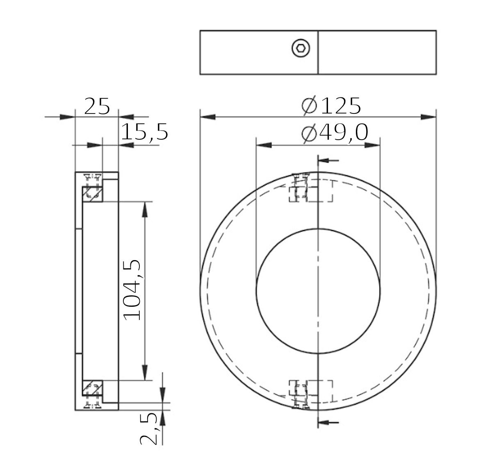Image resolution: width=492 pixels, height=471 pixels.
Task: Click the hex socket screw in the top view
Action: click(x=301, y=49)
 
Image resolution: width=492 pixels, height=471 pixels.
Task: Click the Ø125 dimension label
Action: click(x=331, y=106)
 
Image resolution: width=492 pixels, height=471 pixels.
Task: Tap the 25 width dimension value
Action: click(x=97, y=107)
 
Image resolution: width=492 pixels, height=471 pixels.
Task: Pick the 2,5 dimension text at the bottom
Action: click(x=149, y=428)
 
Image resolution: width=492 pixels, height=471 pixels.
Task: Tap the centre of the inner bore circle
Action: click(x=318, y=290)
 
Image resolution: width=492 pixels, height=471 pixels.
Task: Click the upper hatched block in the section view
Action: click(x=92, y=193)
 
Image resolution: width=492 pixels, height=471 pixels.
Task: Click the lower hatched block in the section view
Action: click(x=92, y=388)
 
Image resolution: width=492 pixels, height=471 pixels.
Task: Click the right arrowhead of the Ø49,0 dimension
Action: click(x=372, y=145)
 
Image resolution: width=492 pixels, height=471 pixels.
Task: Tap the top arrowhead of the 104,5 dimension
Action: click(x=144, y=209)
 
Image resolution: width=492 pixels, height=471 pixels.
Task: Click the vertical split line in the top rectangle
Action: click(x=318, y=52)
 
